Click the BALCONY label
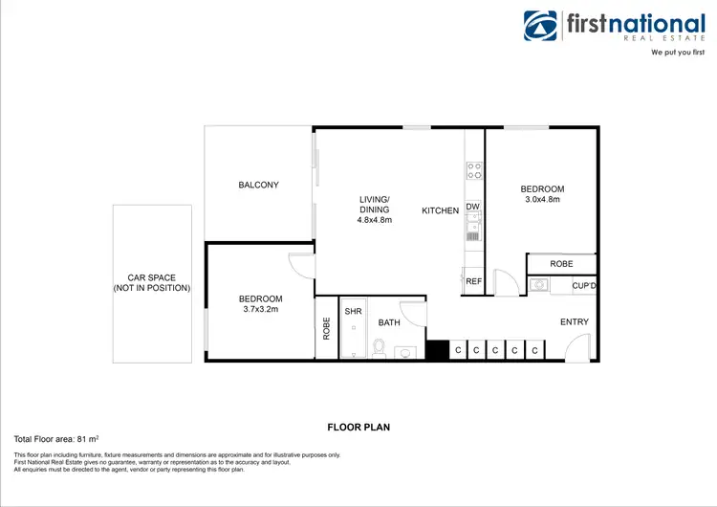tap(258, 185)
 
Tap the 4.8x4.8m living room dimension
tap(375, 220)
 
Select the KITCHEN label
tap(441, 209)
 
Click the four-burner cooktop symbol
tap(473, 171)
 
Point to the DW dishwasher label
tap(472, 207)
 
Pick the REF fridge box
tap(473, 281)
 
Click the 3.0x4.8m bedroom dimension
tap(542, 200)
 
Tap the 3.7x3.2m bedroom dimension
tap(260, 310)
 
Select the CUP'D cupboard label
tap(584, 285)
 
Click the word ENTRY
tap(574, 322)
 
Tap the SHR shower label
tap(353, 312)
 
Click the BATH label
tap(388, 323)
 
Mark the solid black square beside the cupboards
tap(438, 350)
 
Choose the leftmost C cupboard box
tap(458, 351)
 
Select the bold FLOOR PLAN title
tap(358, 428)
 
